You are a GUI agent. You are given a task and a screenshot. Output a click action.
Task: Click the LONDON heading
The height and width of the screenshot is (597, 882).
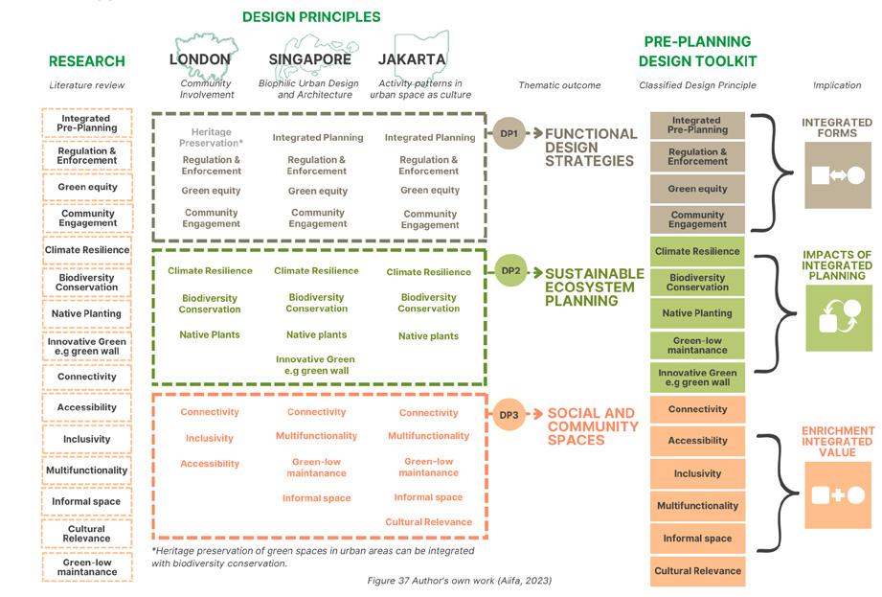[200, 59]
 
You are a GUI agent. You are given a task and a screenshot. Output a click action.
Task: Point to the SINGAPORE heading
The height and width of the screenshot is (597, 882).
[310, 59]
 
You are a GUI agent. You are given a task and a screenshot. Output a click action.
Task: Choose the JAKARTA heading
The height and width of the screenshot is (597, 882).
[412, 59]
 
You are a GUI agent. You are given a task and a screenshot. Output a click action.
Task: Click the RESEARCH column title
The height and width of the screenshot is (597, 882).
[87, 61]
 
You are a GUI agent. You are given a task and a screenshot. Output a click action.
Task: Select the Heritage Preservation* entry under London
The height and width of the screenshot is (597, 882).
[211, 137]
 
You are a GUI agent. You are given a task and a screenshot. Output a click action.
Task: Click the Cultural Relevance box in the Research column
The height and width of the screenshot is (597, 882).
[86, 534]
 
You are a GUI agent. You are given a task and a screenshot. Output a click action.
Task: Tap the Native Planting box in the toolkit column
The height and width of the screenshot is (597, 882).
[697, 313]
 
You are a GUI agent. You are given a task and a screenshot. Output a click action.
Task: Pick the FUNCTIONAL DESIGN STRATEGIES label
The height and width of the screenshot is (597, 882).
[591, 148]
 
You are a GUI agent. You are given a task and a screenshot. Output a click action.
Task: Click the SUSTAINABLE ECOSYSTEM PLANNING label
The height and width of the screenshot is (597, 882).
[594, 287]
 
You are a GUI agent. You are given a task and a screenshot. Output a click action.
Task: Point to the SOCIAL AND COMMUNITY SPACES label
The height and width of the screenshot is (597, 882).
[591, 426]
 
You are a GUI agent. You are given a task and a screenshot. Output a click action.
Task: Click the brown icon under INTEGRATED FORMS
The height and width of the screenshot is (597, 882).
[838, 175]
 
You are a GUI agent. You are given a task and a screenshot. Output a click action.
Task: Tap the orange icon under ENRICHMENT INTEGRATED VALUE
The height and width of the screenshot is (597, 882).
[838, 494]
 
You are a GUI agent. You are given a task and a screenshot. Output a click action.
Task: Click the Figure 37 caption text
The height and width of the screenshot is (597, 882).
[459, 581]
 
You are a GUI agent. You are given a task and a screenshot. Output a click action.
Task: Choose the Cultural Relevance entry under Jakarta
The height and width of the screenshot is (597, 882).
[428, 522]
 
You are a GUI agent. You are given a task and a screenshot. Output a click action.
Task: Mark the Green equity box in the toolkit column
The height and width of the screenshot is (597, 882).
[697, 189]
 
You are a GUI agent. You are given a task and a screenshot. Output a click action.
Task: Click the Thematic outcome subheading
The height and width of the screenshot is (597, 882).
[559, 85]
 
